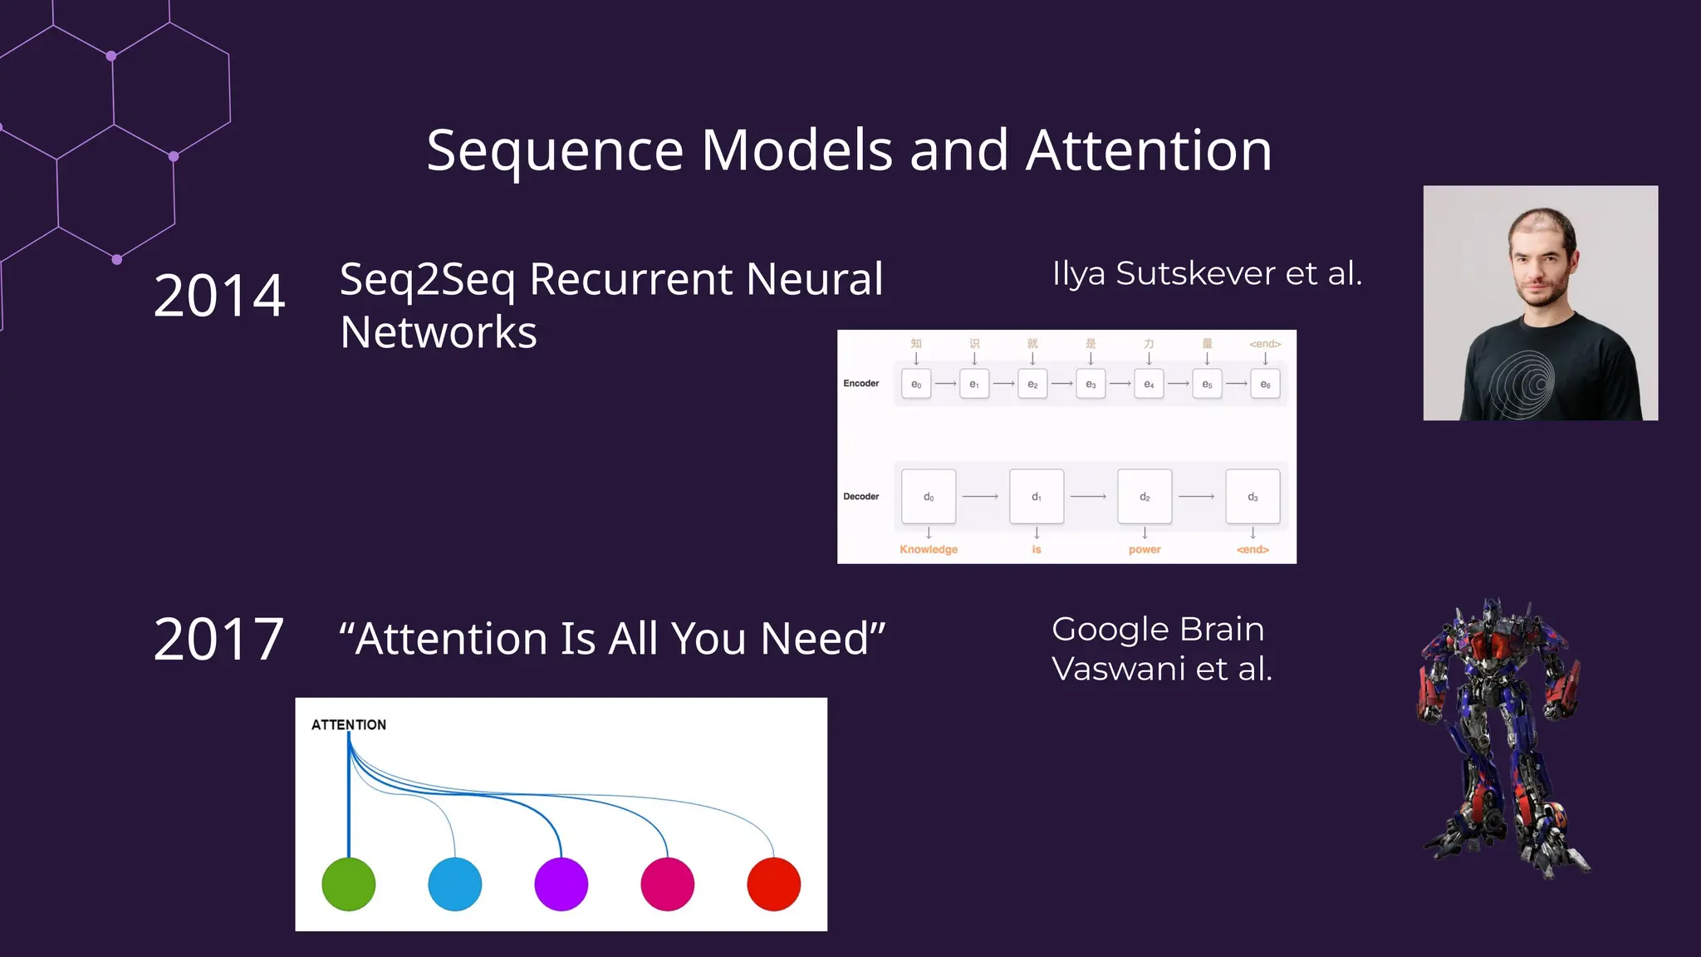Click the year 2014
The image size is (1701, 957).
[x=219, y=296]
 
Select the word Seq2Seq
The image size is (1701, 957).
[x=427, y=280]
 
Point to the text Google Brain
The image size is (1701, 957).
[x=1158, y=629]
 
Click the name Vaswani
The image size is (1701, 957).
[x=1118, y=669]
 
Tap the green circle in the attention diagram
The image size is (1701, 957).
[x=349, y=884]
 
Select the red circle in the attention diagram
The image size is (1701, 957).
[x=773, y=884]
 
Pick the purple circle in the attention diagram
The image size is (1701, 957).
[x=561, y=884]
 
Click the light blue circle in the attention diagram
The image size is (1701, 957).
[x=455, y=884]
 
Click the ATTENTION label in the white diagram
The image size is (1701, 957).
[x=349, y=724]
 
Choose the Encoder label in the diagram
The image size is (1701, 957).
[x=860, y=384]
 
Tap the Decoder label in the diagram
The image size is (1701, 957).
[x=860, y=497]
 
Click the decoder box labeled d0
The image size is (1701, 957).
[x=929, y=497]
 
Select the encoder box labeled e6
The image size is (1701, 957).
[x=1265, y=384]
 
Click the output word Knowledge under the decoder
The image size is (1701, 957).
[x=929, y=550]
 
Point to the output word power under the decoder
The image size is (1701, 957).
[x=1145, y=550]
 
